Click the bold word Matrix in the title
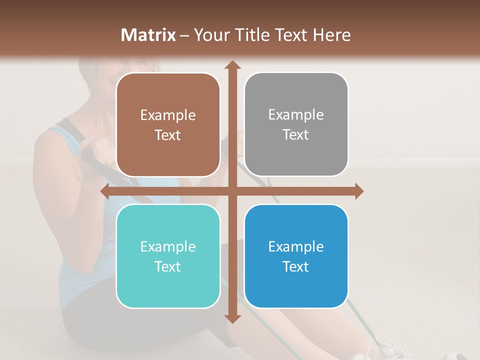tap(148, 35)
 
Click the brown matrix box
tap(168, 124)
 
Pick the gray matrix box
tap(296, 124)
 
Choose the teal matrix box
tap(168, 256)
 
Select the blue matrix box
tap(296, 256)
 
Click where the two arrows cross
tap(231, 191)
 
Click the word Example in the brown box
tap(168, 115)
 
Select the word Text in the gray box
tap(296, 135)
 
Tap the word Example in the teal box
tap(168, 246)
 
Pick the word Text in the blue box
tap(296, 266)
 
